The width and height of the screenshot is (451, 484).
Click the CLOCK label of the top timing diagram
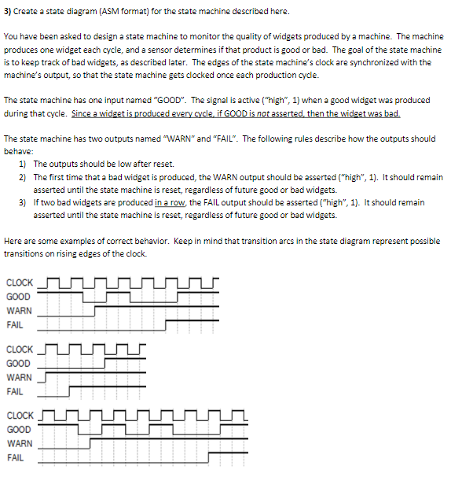pyautogui.click(x=20, y=283)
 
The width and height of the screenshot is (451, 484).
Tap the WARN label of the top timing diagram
pyautogui.click(x=19, y=311)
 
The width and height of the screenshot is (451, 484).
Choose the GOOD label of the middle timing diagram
pyautogui.click(x=18, y=364)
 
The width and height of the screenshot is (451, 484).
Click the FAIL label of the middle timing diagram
pyautogui.click(x=15, y=391)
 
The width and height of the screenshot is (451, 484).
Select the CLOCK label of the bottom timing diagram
pyautogui.click(x=20, y=416)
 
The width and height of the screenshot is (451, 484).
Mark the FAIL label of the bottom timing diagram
pyautogui.click(x=15, y=457)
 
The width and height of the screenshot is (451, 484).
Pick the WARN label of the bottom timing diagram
pyautogui.click(x=19, y=443)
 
